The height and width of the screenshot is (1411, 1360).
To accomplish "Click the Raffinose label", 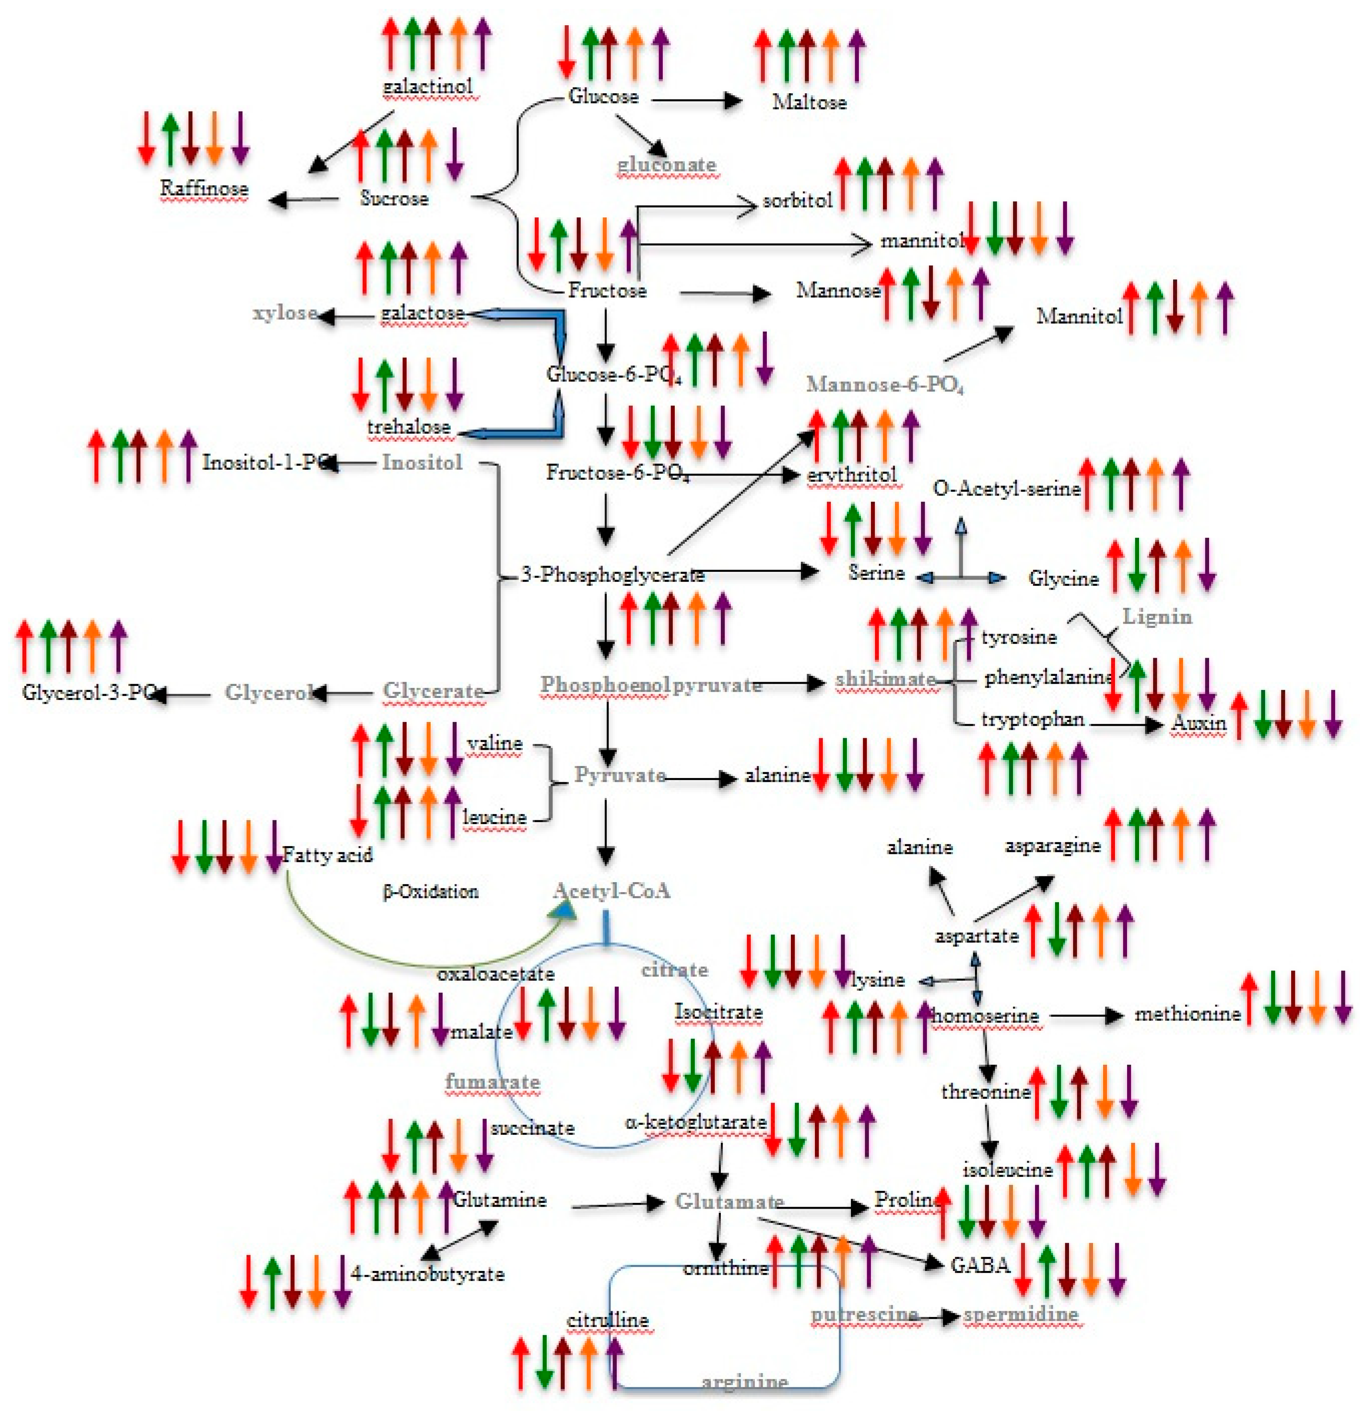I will coord(204,189).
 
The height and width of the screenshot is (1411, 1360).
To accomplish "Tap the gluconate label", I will coord(666,165).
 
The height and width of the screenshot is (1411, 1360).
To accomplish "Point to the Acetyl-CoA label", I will coord(611,891).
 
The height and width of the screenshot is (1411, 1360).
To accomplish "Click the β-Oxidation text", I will coord(430,892).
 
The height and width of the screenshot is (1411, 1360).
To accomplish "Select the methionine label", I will coord(1187,1014).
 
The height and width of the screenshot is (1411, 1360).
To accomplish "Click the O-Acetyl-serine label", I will coord(1006,489).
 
